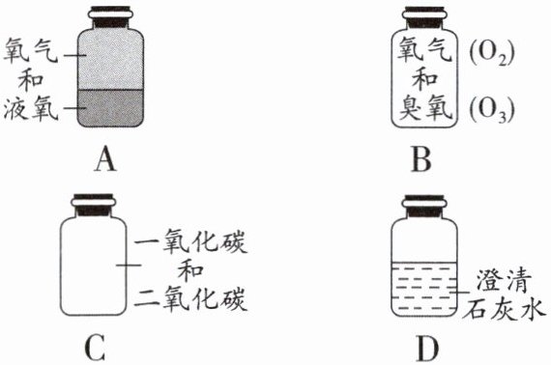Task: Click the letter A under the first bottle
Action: coord(105,159)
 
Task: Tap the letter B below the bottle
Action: coord(421,159)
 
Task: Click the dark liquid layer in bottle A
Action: coord(110,108)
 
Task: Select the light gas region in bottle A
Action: coord(110,61)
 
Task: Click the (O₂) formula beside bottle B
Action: coord(492,54)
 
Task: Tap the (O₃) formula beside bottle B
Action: coord(492,110)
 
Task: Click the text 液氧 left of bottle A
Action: coord(31,108)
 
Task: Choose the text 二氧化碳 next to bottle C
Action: coord(190,298)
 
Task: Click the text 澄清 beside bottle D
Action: coord(504,281)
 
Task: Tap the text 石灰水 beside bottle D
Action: coord(504,309)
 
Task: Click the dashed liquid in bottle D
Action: coord(424,289)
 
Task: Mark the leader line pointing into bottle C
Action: coord(129,265)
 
